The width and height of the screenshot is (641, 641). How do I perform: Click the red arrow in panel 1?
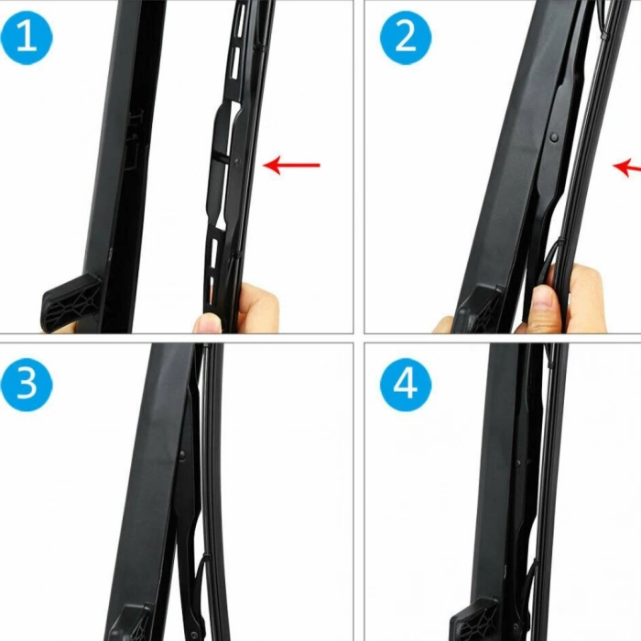point(292,165)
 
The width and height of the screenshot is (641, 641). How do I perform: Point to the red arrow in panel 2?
point(626,167)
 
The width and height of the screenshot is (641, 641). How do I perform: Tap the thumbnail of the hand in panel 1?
point(209,322)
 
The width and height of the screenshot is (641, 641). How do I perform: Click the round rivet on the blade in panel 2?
point(555,136)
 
